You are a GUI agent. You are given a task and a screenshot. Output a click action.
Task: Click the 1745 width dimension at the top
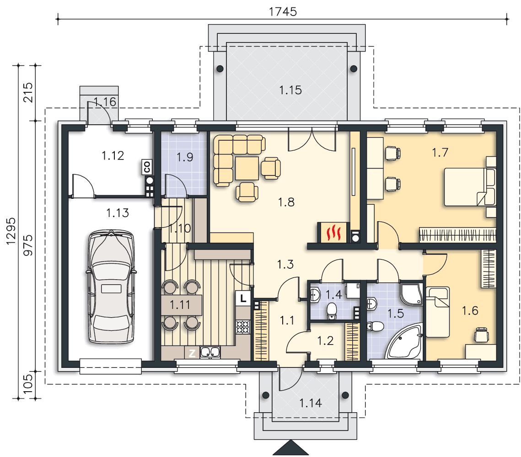[x=282, y=11]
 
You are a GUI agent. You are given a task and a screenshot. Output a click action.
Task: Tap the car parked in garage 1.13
[x=111, y=287]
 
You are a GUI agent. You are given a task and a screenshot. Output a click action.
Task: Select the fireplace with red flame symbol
[x=333, y=233]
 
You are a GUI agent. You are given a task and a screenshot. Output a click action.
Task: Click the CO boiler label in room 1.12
[x=147, y=167]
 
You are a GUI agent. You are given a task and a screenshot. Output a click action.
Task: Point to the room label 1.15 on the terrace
[x=290, y=90]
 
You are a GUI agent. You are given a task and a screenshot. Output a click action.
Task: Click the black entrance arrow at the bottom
[x=291, y=447]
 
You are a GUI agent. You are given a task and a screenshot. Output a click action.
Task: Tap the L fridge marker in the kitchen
[x=243, y=298]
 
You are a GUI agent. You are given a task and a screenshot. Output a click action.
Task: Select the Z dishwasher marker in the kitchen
[x=192, y=353]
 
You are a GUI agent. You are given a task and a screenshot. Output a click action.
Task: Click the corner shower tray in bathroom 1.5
[x=411, y=294]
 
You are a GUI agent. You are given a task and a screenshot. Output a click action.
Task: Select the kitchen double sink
[x=210, y=352]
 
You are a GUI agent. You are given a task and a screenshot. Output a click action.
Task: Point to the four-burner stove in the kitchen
[x=243, y=327]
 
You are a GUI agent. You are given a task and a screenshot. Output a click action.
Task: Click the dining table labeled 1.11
[x=182, y=305]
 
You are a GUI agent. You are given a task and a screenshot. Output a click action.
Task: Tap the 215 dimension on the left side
[x=28, y=92]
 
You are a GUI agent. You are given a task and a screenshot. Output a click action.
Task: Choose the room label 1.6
[x=470, y=311]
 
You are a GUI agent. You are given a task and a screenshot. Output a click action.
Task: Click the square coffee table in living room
[x=247, y=168]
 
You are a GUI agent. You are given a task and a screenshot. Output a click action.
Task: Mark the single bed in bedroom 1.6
[x=438, y=312]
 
